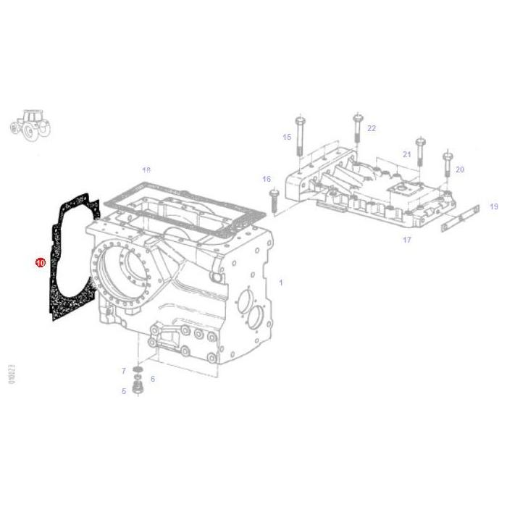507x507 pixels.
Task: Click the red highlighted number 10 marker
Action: click(x=41, y=261)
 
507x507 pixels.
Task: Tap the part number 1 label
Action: click(x=281, y=282)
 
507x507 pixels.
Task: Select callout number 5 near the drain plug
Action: click(x=124, y=391)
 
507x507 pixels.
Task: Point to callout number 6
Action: click(x=152, y=379)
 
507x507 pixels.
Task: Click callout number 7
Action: click(x=124, y=371)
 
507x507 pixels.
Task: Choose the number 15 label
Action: click(x=287, y=137)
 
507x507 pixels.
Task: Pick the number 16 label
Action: click(x=266, y=179)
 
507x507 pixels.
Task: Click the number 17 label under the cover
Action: click(x=406, y=240)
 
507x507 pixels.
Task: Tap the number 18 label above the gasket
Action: click(x=146, y=171)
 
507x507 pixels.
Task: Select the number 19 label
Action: click(x=493, y=206)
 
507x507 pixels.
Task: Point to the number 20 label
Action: click(x=459, y=169)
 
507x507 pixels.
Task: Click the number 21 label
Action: click(x=406, y=154)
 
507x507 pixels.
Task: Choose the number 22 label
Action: click(x=372, y=128)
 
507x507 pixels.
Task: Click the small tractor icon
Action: click(x=30, y=124)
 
